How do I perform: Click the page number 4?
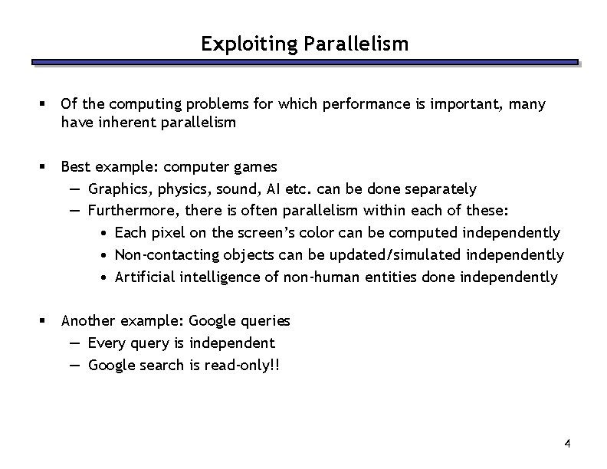566,444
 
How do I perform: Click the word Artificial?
145,277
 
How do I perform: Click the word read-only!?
242,366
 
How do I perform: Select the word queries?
265,321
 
